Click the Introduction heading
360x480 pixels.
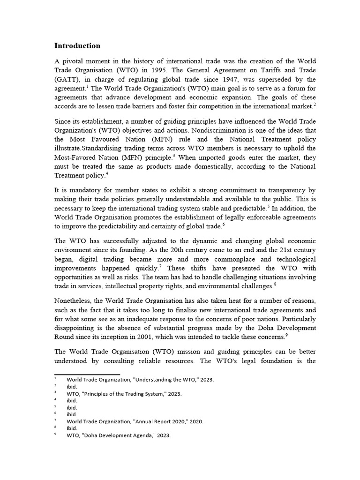(77, 46)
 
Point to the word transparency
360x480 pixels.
(281, 190)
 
